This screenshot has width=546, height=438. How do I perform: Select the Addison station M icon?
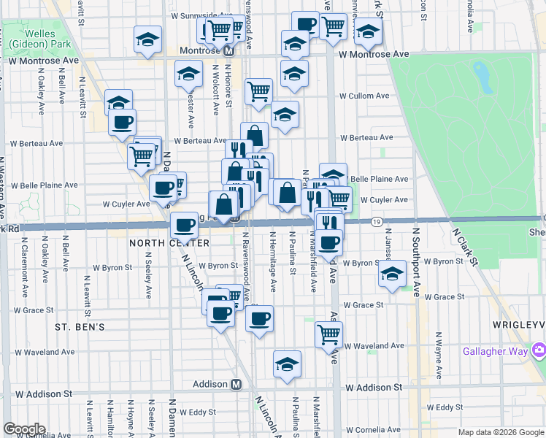pos(236,384)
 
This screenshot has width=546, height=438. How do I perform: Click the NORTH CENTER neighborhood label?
pos(159,242)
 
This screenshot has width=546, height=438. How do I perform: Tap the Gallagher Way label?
pos(494,351)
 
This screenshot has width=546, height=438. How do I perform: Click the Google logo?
pos(24,429)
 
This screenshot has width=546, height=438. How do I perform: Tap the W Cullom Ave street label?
pos(364,96)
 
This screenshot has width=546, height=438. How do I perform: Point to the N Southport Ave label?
pos(416,261)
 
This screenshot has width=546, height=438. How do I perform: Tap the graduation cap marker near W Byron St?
pos(392,274)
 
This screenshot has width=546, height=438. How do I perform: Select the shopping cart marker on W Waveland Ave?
pos(329,334)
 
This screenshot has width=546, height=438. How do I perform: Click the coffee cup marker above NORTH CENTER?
pos(184,225)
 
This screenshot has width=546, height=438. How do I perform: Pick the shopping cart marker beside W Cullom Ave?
pos(258,91)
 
